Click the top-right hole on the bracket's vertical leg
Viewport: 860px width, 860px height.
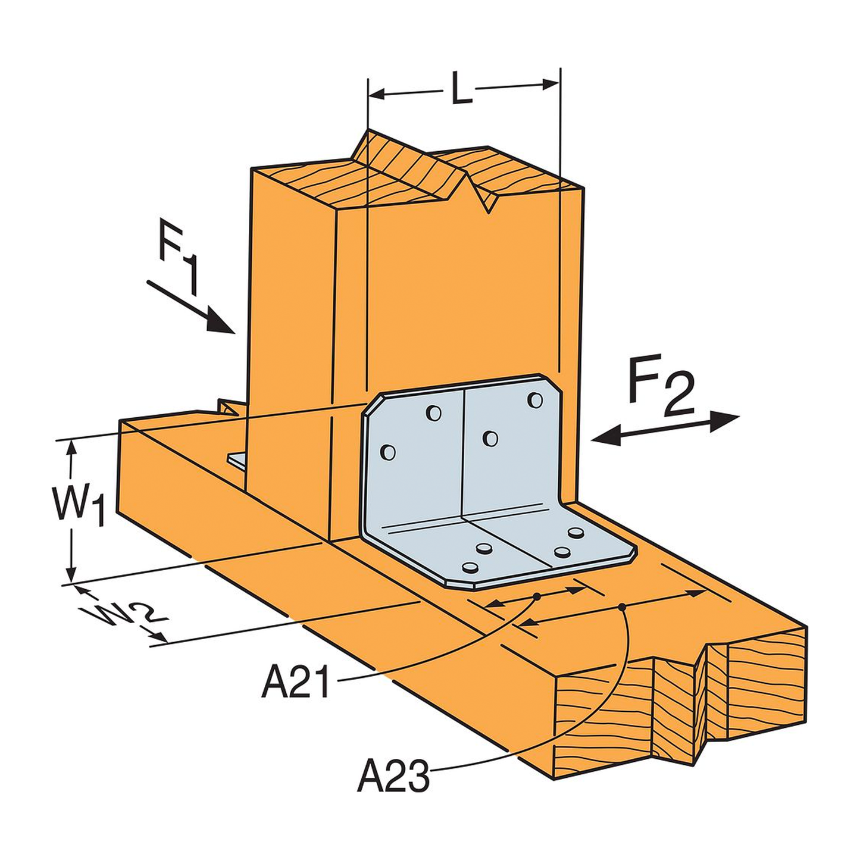coord(535,400)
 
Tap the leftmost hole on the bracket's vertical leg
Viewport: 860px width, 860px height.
coord(387,453)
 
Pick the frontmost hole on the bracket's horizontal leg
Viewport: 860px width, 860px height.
coord(470,568)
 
